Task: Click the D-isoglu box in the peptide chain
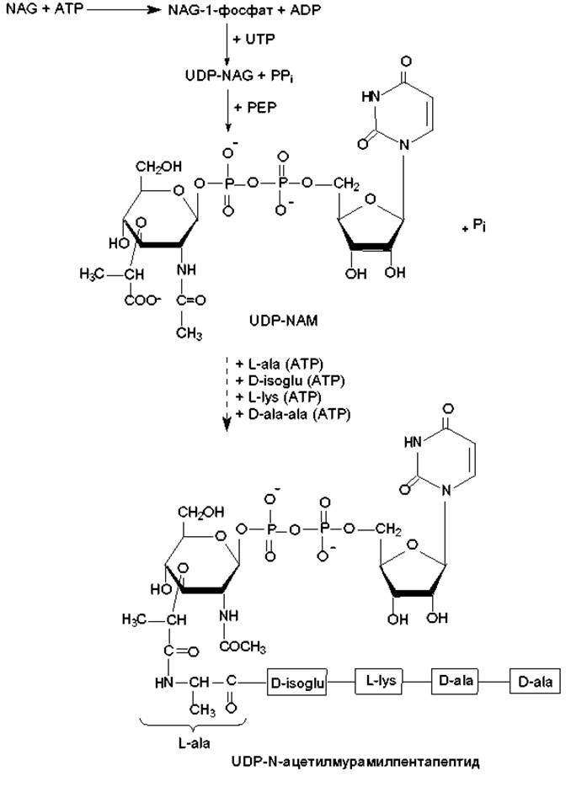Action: pos(296,683)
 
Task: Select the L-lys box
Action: pos(380,679)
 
